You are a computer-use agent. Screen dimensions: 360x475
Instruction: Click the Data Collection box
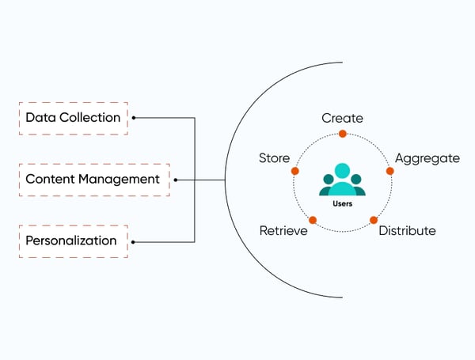[x=73, y=118]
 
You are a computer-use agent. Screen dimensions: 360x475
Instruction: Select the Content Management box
[x=93, y=180]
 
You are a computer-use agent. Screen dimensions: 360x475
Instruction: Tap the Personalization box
[x=71, y=241]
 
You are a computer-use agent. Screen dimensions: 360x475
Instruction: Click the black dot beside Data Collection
[x=134, y=118]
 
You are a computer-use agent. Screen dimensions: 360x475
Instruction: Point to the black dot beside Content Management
[x=175, y=180]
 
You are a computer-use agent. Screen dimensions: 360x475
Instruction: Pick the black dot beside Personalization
[x=134, y=241]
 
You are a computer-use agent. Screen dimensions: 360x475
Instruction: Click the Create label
[x=342, y=118]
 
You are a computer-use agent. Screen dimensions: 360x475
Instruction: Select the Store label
[x=274, y=158]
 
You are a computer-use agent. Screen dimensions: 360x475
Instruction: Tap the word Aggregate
[x=427, y=158]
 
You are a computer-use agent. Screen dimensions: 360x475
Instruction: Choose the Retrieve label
[x=283, y=231]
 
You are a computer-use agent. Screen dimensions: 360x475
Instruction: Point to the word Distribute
[x=407, y=231]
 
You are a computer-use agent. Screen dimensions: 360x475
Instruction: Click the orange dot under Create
[x=342, y=134]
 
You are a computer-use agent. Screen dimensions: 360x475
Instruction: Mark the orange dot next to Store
[x=295, y=171]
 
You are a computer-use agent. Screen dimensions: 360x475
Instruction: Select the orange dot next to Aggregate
[x=389, y=171]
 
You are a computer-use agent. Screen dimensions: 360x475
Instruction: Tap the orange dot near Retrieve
[x=313, y=220]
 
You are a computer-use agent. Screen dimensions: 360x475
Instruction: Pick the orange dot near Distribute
[x=374, y=220]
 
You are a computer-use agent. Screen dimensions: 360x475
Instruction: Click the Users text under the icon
[x=343, y=204]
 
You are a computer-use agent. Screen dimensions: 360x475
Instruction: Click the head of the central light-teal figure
[x=342, y=169]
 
